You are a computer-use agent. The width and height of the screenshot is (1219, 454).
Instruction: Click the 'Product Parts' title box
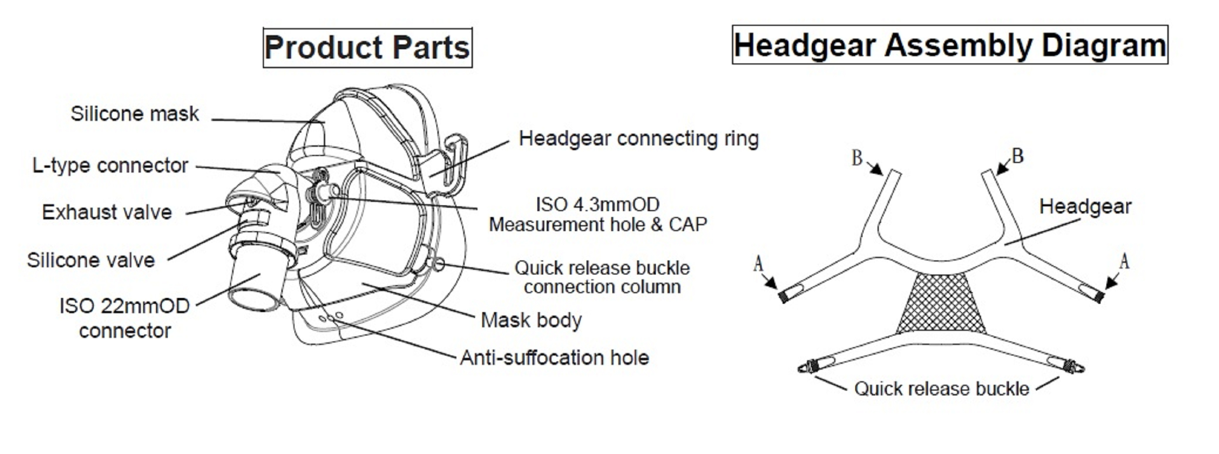pyautogui.click(x=367, y=48)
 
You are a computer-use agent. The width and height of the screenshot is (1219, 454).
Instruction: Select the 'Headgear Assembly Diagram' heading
pyautogui.click(x=949, y=45)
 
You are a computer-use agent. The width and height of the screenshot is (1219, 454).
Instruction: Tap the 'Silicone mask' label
pyautogui.click(x=135, y=114)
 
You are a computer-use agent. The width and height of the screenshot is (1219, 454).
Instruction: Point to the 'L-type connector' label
pyautogui.click(x=110, y=166)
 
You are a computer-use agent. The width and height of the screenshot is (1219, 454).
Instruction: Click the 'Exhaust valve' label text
pyautogui.click(x=107, y=213)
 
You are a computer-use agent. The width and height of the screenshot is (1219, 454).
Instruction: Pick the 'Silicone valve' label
pyautogui.click(x=91, y=260)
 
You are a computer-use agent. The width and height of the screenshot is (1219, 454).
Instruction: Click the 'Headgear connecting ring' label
pyautogui.click(x=638, y=139)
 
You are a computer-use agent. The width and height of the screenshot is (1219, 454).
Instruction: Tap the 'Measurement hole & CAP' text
pyautogui.click(x=598, y=225)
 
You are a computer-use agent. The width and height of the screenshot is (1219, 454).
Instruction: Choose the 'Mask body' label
pyautogui.click(x=531, y=320)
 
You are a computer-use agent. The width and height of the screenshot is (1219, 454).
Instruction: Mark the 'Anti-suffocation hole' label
pyautogui.click(x=554, y=358)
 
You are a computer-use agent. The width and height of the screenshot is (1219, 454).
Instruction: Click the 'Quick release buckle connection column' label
pyautogui.click(x=602, y=277)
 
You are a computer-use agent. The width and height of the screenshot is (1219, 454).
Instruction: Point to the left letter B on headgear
pyautogui.click(x=857, y=158)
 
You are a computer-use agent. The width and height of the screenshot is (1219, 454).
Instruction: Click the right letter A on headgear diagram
pyautogui.click(x=1124, y=262)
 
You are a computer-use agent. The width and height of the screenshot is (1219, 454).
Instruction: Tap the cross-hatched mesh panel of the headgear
pyautogui.click(x=941, y=303)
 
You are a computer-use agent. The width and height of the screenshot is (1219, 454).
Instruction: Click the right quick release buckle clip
pyautogui.click(x=1075, y=367)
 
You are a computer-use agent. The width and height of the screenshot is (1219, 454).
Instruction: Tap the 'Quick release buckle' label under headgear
pyautogui.click(x=941, y=389)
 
